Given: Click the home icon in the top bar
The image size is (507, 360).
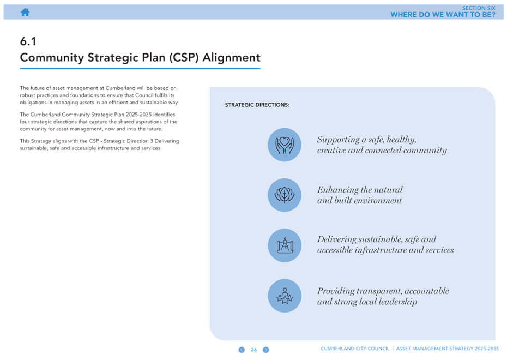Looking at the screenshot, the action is [25, 12].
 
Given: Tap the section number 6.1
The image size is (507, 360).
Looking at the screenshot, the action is [28, 41].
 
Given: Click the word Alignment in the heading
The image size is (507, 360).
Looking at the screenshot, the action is [231, 58].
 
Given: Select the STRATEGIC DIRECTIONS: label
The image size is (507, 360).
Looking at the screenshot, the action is [257, 105].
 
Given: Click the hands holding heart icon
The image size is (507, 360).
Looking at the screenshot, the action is [285, 145].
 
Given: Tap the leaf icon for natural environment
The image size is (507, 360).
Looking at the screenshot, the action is [285, 195].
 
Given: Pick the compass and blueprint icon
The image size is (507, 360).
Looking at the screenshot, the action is [285, 245].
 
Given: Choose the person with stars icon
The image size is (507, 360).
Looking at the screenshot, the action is [285, 296].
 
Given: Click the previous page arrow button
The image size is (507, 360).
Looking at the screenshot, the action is [242, 350].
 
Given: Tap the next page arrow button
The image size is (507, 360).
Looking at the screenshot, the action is [266, 350].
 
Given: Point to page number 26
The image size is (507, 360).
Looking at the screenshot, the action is [254, 350].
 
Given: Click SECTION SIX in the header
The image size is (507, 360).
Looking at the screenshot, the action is [479, 8].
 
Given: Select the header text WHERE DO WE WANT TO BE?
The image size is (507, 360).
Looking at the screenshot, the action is [443, 15].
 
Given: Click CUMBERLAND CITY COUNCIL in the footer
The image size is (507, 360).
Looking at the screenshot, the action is [355, 349].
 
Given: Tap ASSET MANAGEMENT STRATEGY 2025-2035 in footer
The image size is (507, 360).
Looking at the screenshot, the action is [448, 349].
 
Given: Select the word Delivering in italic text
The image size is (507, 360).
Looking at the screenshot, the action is [336, 239].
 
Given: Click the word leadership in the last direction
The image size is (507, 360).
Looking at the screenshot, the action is [398, 302].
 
